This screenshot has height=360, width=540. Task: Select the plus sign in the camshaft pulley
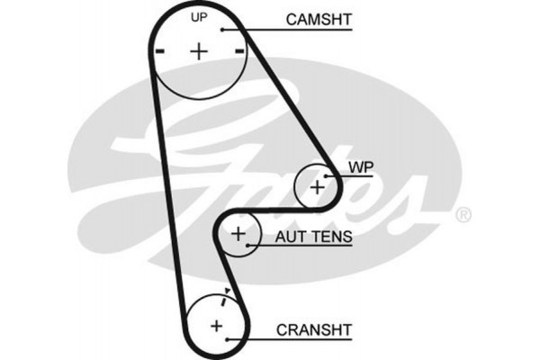(x=198, y=50)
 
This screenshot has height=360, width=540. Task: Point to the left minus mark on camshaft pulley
(x=159, y=51)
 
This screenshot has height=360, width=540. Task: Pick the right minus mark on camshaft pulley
(x=238, y=51)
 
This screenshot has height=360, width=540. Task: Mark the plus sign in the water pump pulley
(x=318, y=186)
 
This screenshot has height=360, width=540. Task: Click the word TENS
(x=331, y=238)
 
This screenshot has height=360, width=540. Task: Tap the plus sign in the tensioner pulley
(x=238, y=234)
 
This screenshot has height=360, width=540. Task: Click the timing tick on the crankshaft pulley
(x=229, y=292)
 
